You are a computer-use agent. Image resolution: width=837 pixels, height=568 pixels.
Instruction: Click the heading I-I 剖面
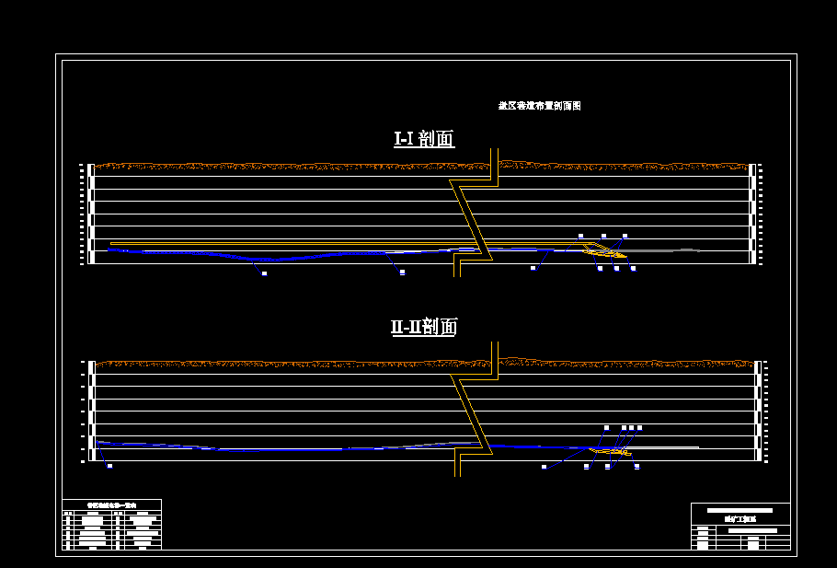pyautogui.click(x=424, y=139)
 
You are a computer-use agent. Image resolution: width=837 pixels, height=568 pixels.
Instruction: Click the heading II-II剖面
pyautogui.click(x=424, y=327)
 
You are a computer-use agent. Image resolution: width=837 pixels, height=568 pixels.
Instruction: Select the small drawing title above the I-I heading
pyautogui.click(x=539, y=106)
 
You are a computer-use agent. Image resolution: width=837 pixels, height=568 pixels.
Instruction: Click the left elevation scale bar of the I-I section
pyautogui.click(x=89, y=214)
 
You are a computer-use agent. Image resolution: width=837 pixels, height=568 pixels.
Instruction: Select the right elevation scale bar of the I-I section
pyautogui.click(x=752, y=214)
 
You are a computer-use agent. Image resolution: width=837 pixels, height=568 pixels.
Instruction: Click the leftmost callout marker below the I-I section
pyautogui.click(x=264, y=273)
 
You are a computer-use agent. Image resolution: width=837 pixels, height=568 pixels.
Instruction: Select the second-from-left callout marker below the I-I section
pyautogui.click(x=402, y=272)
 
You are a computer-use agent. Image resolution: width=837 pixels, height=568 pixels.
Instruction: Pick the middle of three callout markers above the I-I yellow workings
pyautogui.click(x=603, y=237)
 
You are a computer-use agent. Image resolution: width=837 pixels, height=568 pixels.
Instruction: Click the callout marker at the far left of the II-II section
pyautogui.click(x=109, y=466)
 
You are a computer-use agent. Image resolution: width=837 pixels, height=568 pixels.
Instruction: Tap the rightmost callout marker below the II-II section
pyautogui.click(x=636, y=467)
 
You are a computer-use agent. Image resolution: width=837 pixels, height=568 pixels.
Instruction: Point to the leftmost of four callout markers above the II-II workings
pyautogui.click(x=606, y=428)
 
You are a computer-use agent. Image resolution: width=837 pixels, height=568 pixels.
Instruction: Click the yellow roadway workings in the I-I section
pyautogui.click(x=607, y=250)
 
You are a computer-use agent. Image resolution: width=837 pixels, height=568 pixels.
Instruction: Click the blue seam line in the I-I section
pyautogui.click(x=276, y=259)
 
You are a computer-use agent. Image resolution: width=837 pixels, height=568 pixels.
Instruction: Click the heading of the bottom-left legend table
pyautogui.click(x=111, y=504)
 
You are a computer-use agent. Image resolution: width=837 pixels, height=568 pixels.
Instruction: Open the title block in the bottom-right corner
pyautogui.click(x=740, y=527)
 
